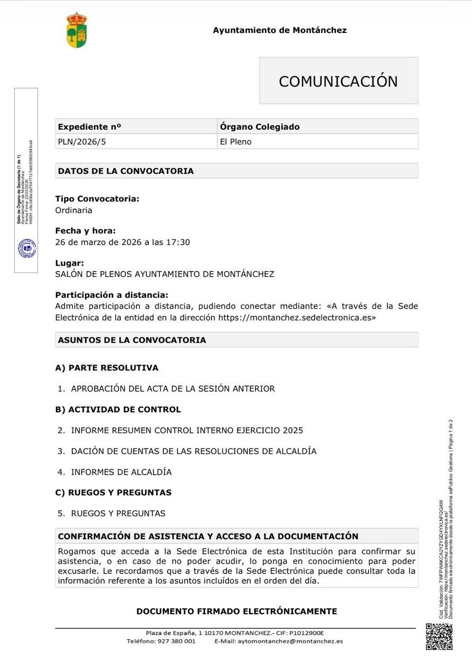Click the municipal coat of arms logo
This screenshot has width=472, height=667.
(77, 30)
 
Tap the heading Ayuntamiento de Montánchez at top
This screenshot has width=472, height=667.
(280, 30)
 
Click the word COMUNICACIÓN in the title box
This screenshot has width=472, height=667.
(338, 81)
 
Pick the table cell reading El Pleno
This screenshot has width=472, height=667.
(235, 142)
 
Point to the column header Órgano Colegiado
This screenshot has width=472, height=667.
(259, 127)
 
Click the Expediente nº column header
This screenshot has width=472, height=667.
(89, 127)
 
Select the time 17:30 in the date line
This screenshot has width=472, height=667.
(179, 242)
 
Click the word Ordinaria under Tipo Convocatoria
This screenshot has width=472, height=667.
(74, 210)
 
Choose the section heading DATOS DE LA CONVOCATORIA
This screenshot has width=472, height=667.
(126, 171)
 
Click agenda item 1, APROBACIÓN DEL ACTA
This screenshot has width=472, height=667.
(173, 389)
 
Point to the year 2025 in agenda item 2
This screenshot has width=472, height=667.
(293, 430)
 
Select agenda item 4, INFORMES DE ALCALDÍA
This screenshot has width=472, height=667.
(121, 472)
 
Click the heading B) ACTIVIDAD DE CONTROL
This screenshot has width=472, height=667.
(118, 410)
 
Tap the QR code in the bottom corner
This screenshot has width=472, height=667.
(439, 637)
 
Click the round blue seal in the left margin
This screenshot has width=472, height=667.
(27, 248)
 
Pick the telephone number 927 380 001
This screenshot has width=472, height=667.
(176, 641)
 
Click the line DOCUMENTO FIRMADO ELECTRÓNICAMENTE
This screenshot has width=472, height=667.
(237, 611)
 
